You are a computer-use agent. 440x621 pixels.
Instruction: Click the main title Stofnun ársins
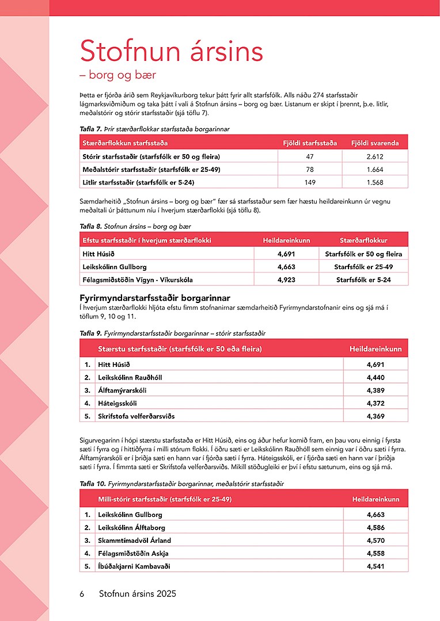pos(171,51)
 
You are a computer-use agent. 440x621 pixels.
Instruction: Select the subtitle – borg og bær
pos(117,75)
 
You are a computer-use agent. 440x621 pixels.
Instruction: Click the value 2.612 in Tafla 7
pos(375,156)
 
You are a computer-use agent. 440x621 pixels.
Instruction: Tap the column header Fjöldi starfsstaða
pos(310,143)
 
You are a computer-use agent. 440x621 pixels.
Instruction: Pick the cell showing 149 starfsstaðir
pos(310,183)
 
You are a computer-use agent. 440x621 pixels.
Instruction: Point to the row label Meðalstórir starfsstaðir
pos(151,170)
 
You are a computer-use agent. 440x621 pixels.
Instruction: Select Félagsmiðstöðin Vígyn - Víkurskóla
pos(138,280)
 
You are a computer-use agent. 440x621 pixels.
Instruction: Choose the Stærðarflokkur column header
pos(363,240)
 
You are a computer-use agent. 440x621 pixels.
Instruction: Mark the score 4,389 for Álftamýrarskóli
pos(375,390)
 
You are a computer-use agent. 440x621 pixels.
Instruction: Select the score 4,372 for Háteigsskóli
pos(375,404)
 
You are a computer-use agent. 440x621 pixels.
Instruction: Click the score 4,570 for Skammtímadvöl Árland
pos(375,540)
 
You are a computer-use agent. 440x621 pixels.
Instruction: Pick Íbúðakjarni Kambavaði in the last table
pos(134,566)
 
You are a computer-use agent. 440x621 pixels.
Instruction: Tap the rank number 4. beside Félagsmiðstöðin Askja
pos(88,553)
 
